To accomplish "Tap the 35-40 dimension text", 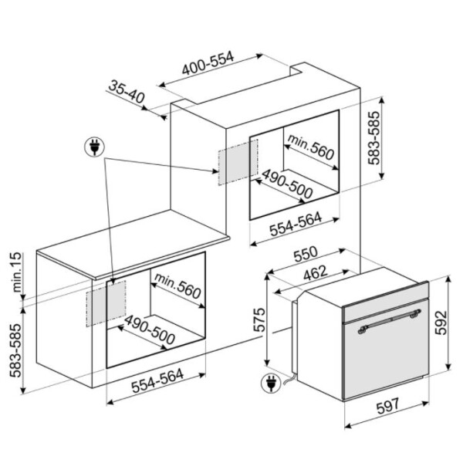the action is (127, 92).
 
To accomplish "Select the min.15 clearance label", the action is (18, 272).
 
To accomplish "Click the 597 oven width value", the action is (387, 406).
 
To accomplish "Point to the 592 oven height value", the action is (441, 323).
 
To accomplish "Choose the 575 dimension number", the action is (260, 320).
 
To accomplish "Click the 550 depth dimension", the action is (306, 254).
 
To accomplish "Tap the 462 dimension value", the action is (316, 273).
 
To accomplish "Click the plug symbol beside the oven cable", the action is (271, 383).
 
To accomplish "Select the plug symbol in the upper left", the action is (94, 147).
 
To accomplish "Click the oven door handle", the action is (389, 321).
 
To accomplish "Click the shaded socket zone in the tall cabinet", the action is (238, 162).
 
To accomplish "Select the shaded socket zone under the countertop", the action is (106, 303).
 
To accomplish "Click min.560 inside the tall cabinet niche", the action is (311, 147).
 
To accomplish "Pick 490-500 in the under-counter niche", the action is (150, 330).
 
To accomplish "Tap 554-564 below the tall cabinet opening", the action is (296, 225).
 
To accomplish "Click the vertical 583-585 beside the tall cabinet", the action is (373, 137).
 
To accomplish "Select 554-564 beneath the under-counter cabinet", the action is (157, 381).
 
